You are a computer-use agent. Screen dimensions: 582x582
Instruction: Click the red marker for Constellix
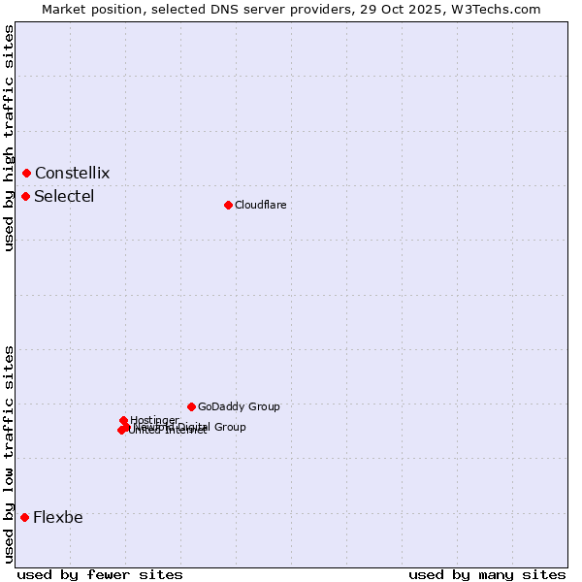coord(26,173)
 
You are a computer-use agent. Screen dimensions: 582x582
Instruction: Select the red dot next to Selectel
coord(25,196)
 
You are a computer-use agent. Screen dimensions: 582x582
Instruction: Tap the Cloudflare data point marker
coord(228,205)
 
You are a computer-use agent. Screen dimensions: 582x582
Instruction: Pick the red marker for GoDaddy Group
coord(191,406)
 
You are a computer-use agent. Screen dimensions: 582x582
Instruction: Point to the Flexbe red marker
coord(24,517)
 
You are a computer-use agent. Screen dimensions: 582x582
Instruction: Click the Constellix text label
coord(72,173)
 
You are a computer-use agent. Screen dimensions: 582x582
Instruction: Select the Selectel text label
coord(64,196)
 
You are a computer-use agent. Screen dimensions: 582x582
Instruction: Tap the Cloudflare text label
coord(260,205)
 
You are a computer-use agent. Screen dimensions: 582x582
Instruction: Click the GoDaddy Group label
coord(239,406)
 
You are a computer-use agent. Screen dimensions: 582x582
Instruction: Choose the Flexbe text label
coord(57,517)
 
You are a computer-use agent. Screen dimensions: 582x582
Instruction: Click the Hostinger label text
coord(154,420)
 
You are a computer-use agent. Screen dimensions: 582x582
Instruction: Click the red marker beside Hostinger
coord(123,420)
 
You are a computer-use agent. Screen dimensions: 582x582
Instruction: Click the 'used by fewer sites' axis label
coord(100,574)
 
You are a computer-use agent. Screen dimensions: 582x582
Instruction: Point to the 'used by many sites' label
coord(487,574)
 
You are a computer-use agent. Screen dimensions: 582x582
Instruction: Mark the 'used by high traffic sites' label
coord(9,138)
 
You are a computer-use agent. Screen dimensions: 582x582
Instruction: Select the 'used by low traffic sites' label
coord(9,454)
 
